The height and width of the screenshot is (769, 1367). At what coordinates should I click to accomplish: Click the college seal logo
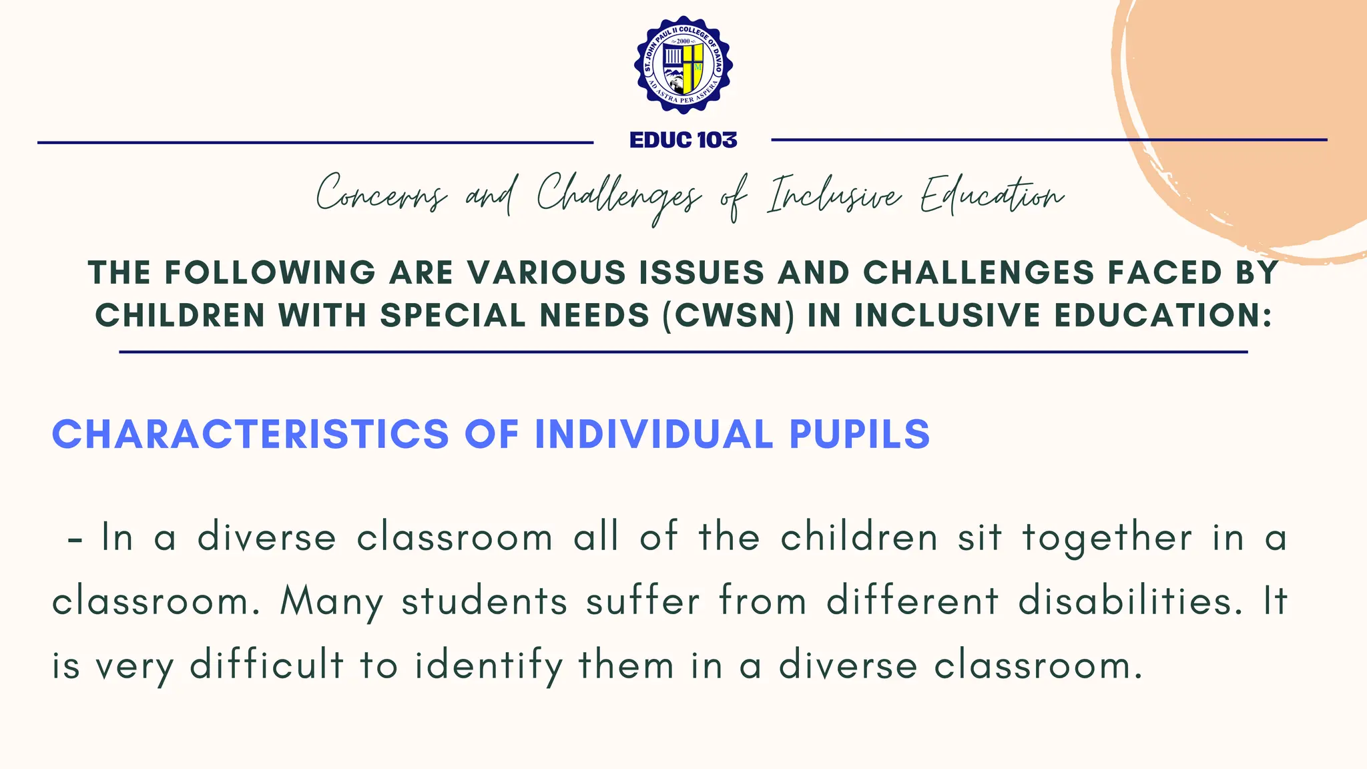[x=683, y=65]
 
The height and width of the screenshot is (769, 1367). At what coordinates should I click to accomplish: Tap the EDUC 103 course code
[x=683, y=140]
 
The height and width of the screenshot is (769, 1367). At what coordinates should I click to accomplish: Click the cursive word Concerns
[x=380, y=195]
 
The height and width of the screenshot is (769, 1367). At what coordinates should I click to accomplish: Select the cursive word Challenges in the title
[x=618, y=195]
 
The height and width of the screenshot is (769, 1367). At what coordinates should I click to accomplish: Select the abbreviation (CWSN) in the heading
[x=729, y=316]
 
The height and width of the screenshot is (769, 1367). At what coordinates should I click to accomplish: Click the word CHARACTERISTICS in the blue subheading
[x=250, y=434]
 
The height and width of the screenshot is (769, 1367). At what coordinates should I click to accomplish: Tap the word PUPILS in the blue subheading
[x=860, y=434]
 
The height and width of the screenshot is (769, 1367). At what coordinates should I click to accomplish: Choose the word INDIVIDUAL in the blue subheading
[x=654, y=434]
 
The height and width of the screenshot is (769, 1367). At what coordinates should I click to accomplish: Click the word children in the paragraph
[x=860, y=537]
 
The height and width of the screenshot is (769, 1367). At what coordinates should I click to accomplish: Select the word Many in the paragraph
[x=332, y=602]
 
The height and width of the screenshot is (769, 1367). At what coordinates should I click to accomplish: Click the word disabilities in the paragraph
[x=1131, y=601]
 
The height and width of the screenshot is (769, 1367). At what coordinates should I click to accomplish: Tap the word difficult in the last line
[x=267, y=666]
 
